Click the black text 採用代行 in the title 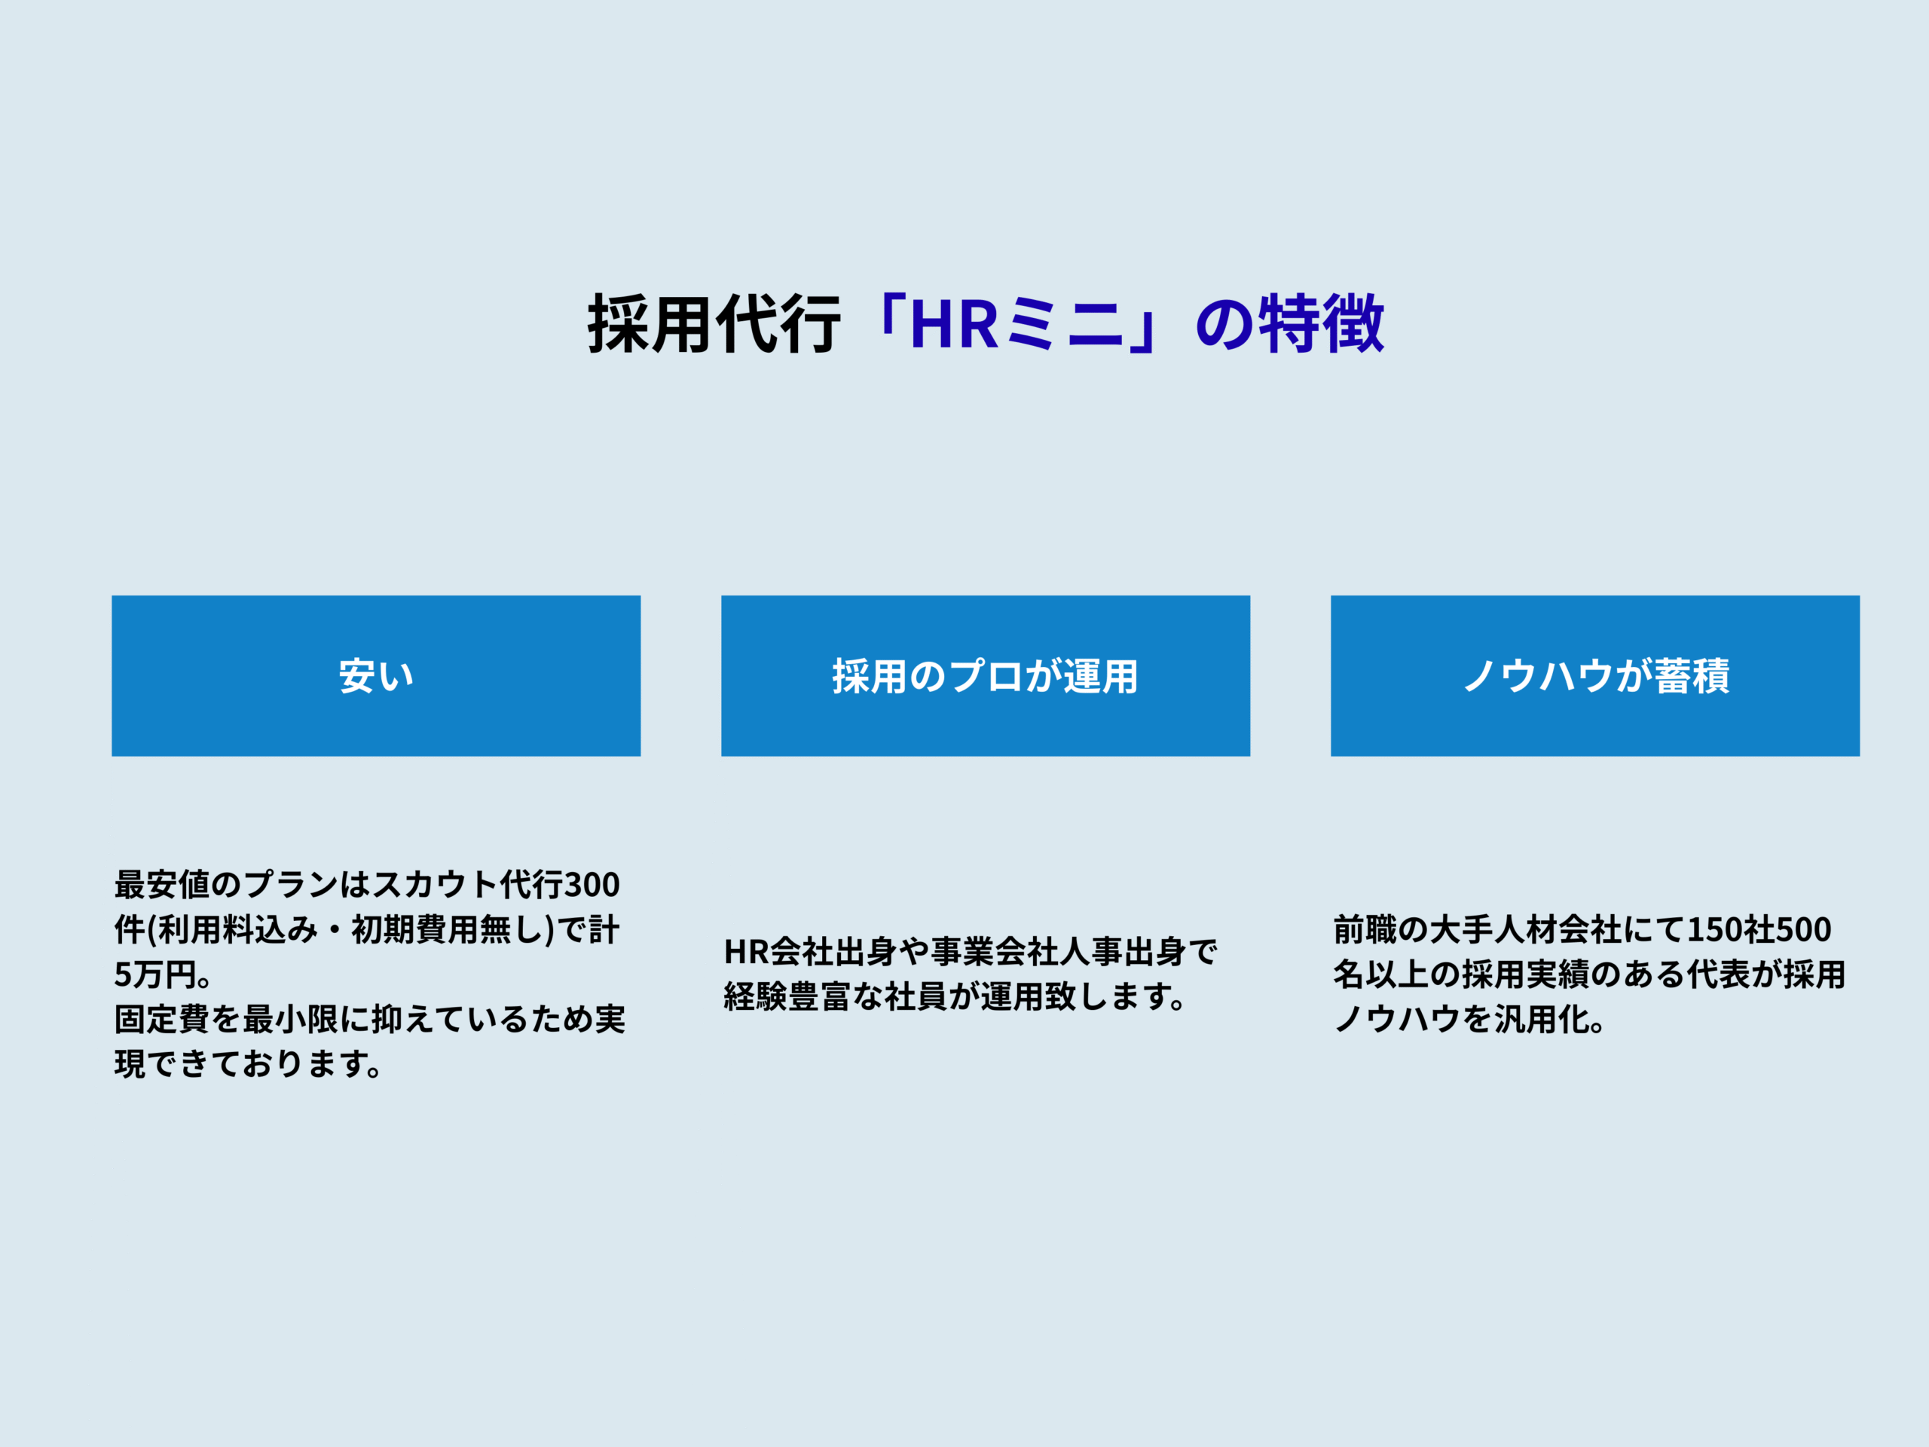(714, 323)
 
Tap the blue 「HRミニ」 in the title (1018, 323)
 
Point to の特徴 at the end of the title (1290, 323)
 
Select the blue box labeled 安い (376, 676)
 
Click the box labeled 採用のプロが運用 (986, 676)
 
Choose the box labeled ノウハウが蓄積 (1595, 676)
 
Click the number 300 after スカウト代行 (592, 886)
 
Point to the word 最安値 (162, 886)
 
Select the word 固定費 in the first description (162, 1020)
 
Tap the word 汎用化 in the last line (1542, 1020)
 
